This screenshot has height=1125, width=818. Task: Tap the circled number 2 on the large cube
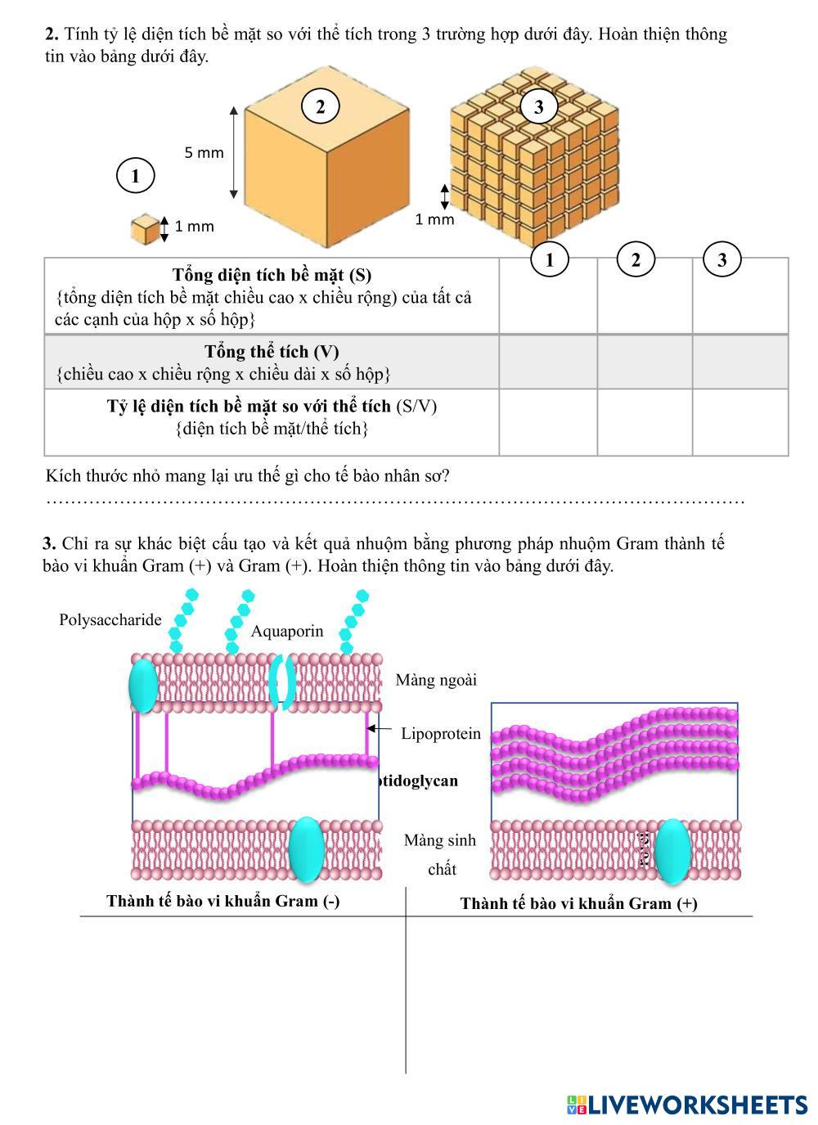coord(320,106)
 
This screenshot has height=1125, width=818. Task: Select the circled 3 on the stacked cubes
coord(538,106)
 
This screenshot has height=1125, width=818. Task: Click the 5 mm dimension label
coord(204,152)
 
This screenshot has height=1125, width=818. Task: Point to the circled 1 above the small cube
coord(135,175)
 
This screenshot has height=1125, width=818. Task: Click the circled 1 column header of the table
coord(550,259)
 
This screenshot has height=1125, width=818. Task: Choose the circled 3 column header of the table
coord(721,259)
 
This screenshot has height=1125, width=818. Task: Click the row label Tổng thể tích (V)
coord(272,352)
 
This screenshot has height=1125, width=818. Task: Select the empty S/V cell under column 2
coord(645,421)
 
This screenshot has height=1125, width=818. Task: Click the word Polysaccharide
coord(110,619)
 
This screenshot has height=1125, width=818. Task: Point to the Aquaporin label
coord(287,631)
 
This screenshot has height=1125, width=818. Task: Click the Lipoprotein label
coord(441,733)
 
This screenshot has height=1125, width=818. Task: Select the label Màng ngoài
coord(436,679)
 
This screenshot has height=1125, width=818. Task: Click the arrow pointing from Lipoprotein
coord(377,728)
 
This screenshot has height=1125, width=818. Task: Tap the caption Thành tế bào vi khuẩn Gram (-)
coord(223,901)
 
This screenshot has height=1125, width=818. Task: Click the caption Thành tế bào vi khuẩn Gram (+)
coord(578,903)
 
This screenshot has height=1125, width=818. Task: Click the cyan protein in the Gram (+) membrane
coord(672,851)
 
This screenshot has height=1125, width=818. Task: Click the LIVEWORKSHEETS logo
coord(687,1105)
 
